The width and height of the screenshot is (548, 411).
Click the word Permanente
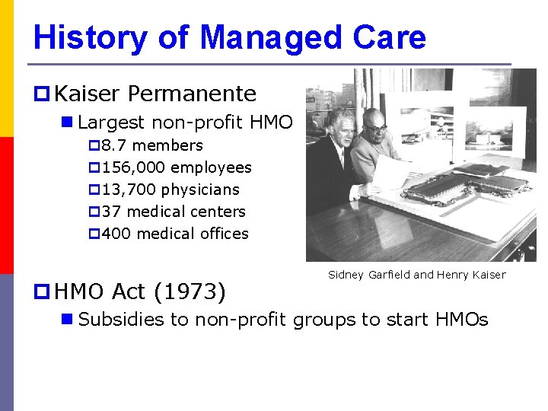coord(192,94)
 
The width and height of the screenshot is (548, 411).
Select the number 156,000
coord(133,167)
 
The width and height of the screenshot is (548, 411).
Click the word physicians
coord(200,190)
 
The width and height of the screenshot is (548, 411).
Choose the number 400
coord(116,234)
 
